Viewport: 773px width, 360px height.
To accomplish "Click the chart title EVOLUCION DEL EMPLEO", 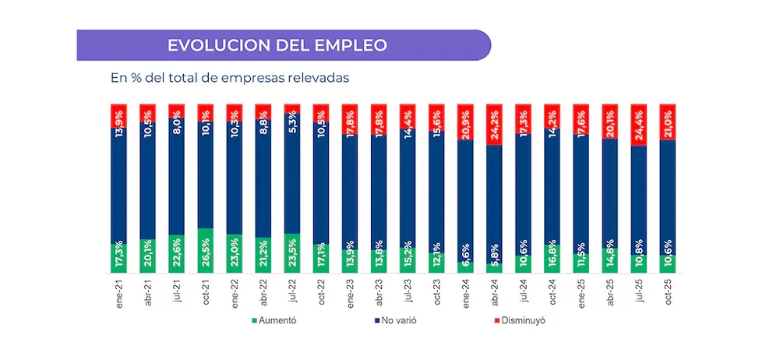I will (x=277, y=45).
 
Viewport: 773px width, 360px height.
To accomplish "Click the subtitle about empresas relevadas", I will (x=230, y=78).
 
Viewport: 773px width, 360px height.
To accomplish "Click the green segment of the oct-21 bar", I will (x=206, y=250).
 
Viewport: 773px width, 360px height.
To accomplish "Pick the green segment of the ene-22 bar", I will (x=235, y=253).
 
